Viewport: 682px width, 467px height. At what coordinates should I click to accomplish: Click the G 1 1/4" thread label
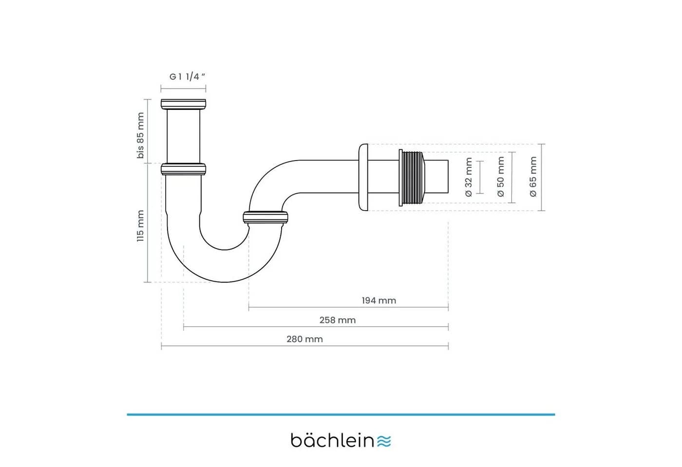coord(187,77)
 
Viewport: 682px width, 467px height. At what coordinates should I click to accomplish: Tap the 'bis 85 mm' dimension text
coord(140,135)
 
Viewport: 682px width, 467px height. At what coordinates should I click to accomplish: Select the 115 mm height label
coord(140,226)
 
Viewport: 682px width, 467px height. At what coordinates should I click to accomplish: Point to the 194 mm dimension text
coord(379,301)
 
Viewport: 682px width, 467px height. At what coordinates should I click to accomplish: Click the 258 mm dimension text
coord(337,320)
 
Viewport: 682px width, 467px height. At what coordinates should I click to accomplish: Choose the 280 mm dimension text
coord(304,340)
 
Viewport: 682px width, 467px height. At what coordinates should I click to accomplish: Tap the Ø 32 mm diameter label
coord(469,177)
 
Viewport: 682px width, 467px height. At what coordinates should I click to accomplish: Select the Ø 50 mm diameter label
coord(501,177)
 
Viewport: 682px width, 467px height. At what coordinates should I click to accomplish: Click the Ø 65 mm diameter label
coord(533,177)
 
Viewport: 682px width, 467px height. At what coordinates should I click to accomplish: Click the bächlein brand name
coord(332,441)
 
